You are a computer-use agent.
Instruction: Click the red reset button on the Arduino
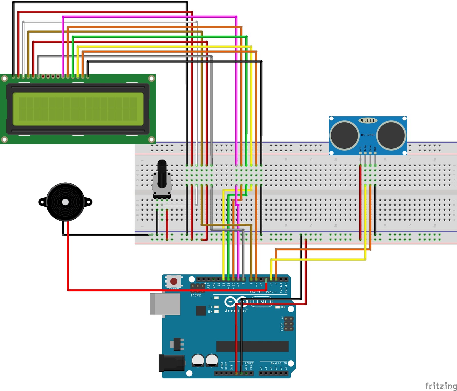pyautogui.click(x=173, y=282)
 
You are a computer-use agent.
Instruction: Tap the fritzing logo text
pyautogui.click(x=441, y=386)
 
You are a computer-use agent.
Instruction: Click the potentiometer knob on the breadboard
pyautogui.click(x=162, y=174)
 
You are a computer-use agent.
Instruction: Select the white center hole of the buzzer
pyautogui.click(x=65, y=202)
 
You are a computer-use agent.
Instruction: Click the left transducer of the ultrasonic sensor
pyautogui.click(x=344, y=135)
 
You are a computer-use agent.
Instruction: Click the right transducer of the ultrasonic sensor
pyautogui.click(x=391, y=135)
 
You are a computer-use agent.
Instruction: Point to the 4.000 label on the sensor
pyautogui.click(x=368, y=120)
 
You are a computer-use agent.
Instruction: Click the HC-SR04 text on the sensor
pyautogui.click(x=368, y=135)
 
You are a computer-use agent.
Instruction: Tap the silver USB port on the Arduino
pyautogui.click(x=165, y=304)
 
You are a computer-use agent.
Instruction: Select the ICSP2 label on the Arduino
pyautogui.click(x=196, y=295)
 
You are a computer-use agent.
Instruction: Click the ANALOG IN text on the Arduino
pyautogui.click(x=279, y=363)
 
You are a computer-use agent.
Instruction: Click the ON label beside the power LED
pyautogui.click(x=283, y=307)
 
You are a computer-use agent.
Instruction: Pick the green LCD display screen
pyautogui.click(x=78, y=109)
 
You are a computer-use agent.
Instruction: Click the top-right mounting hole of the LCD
pyautogui.click(x=152, y=78)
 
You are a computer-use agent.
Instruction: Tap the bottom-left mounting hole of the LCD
pyautogui.click(x=4, y=139)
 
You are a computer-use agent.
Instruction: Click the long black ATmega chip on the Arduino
pyautogui.click(x=252, y=346)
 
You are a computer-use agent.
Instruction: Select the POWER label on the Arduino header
pyautogui.click(x=249, y=363)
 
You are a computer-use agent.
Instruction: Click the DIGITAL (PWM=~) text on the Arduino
pyautogui.click(x=263, y=292)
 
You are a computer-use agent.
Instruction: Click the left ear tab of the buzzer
pyautogui.click(x=42, y=202)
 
